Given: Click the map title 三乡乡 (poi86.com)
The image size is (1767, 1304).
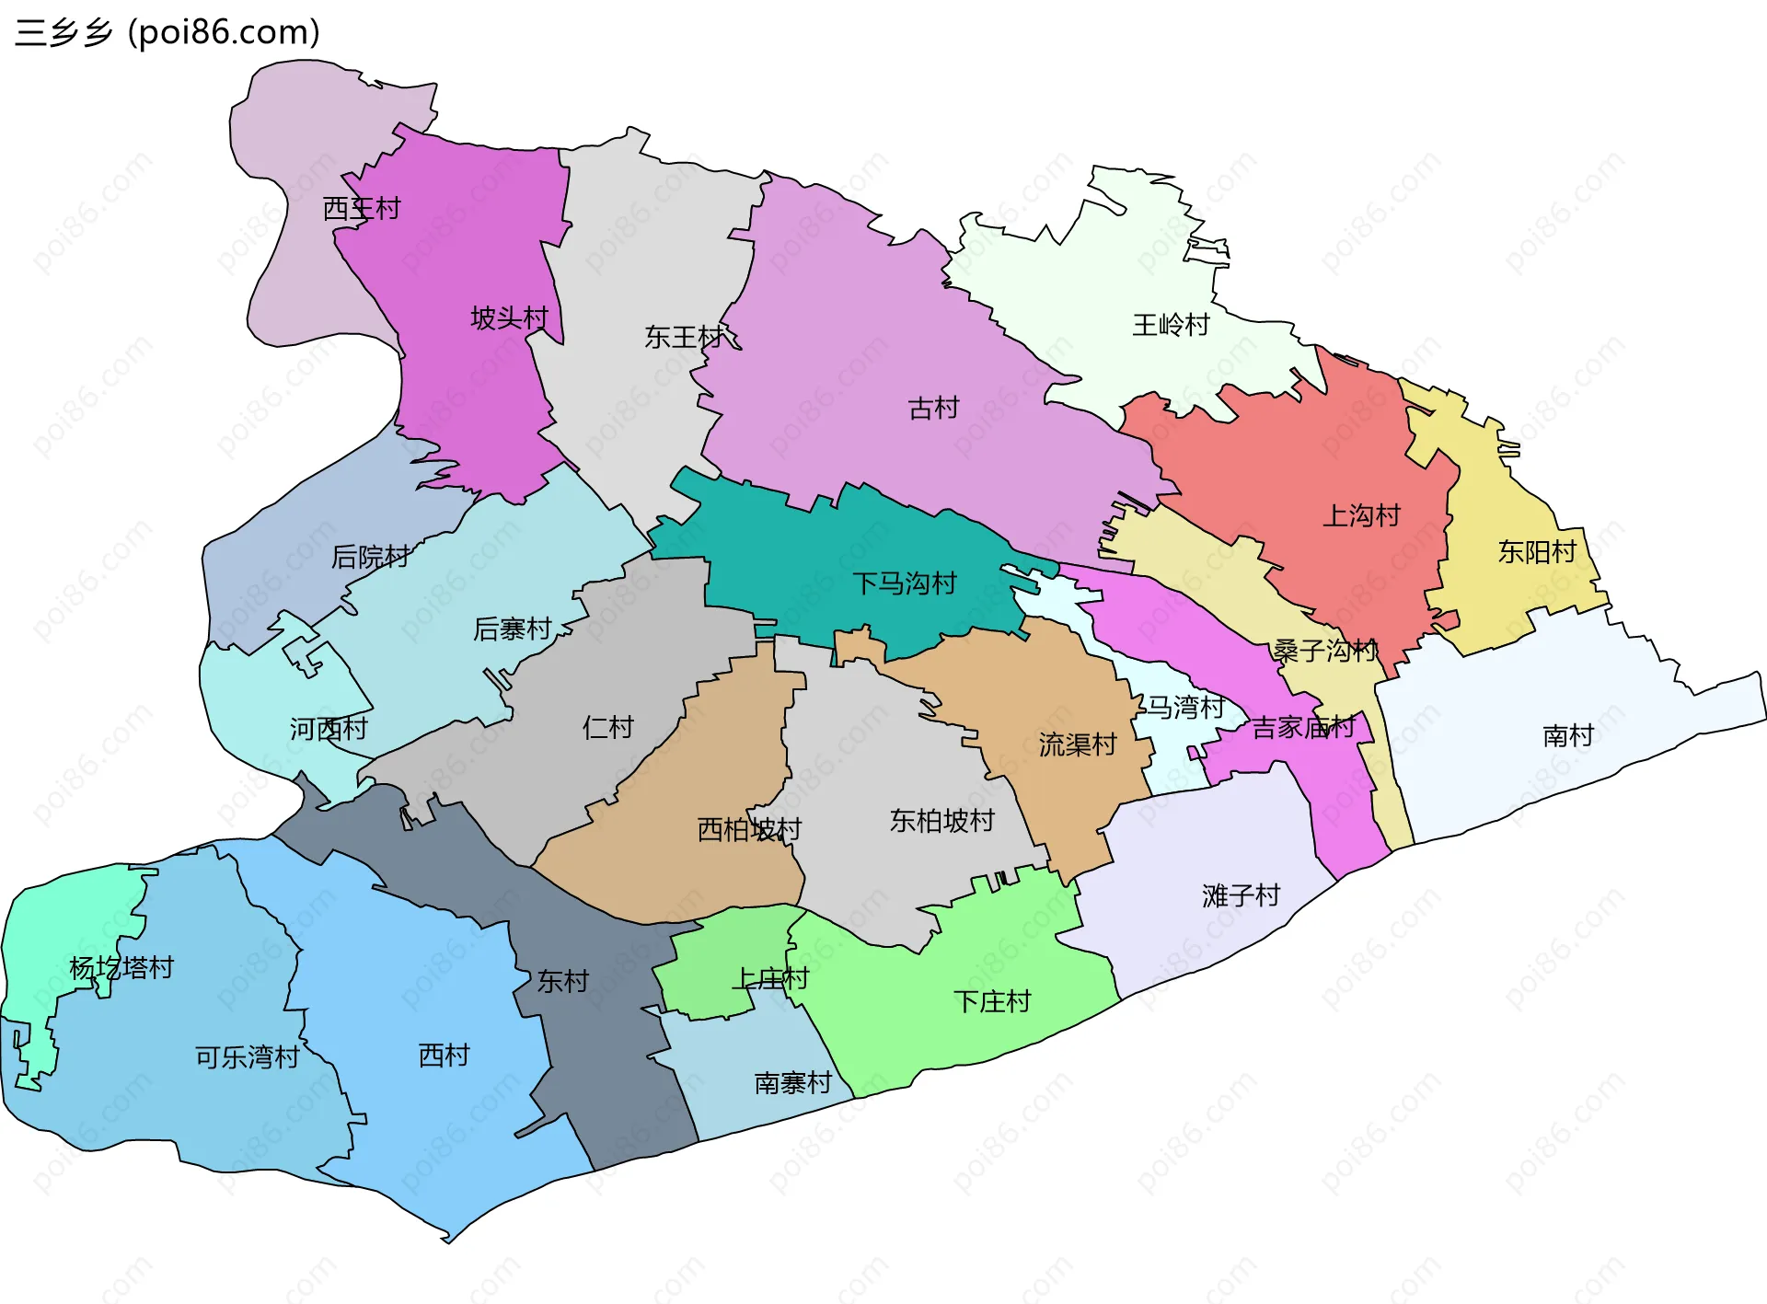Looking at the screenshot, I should coord(167,32).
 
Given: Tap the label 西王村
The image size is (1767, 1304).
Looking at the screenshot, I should coord(362,209).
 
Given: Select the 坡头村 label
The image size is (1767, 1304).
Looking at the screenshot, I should coord(509,318).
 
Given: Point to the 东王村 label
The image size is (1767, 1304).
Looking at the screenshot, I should coord(684,338).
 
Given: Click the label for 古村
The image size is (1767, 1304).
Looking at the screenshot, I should coord(933,408).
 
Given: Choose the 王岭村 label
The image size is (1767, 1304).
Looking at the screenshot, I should coord(1171,325).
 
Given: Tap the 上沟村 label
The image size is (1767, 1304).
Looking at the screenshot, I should coord(1361,515).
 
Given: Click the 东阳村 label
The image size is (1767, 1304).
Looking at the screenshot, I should coord(1537,552).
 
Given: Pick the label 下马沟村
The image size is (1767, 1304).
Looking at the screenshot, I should coord(905,583).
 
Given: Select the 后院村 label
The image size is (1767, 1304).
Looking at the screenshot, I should coord(370,557).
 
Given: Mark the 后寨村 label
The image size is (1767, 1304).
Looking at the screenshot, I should coord(513,629).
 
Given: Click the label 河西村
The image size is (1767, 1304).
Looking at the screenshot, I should coord(329,730).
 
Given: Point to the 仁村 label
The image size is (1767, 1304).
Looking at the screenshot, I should coord(608,728).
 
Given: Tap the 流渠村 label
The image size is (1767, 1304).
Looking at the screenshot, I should coord(1078,744).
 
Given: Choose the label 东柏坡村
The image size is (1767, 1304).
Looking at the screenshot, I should coord(942,821).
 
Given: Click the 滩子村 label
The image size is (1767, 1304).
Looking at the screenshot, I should coord(1241,895).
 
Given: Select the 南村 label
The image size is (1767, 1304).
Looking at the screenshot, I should coord(1568,736).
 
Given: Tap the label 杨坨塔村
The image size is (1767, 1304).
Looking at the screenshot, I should coord(121,968).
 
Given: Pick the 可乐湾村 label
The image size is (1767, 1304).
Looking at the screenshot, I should coord(248,1057).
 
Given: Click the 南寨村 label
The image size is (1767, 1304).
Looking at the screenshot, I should coord(793,1083).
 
